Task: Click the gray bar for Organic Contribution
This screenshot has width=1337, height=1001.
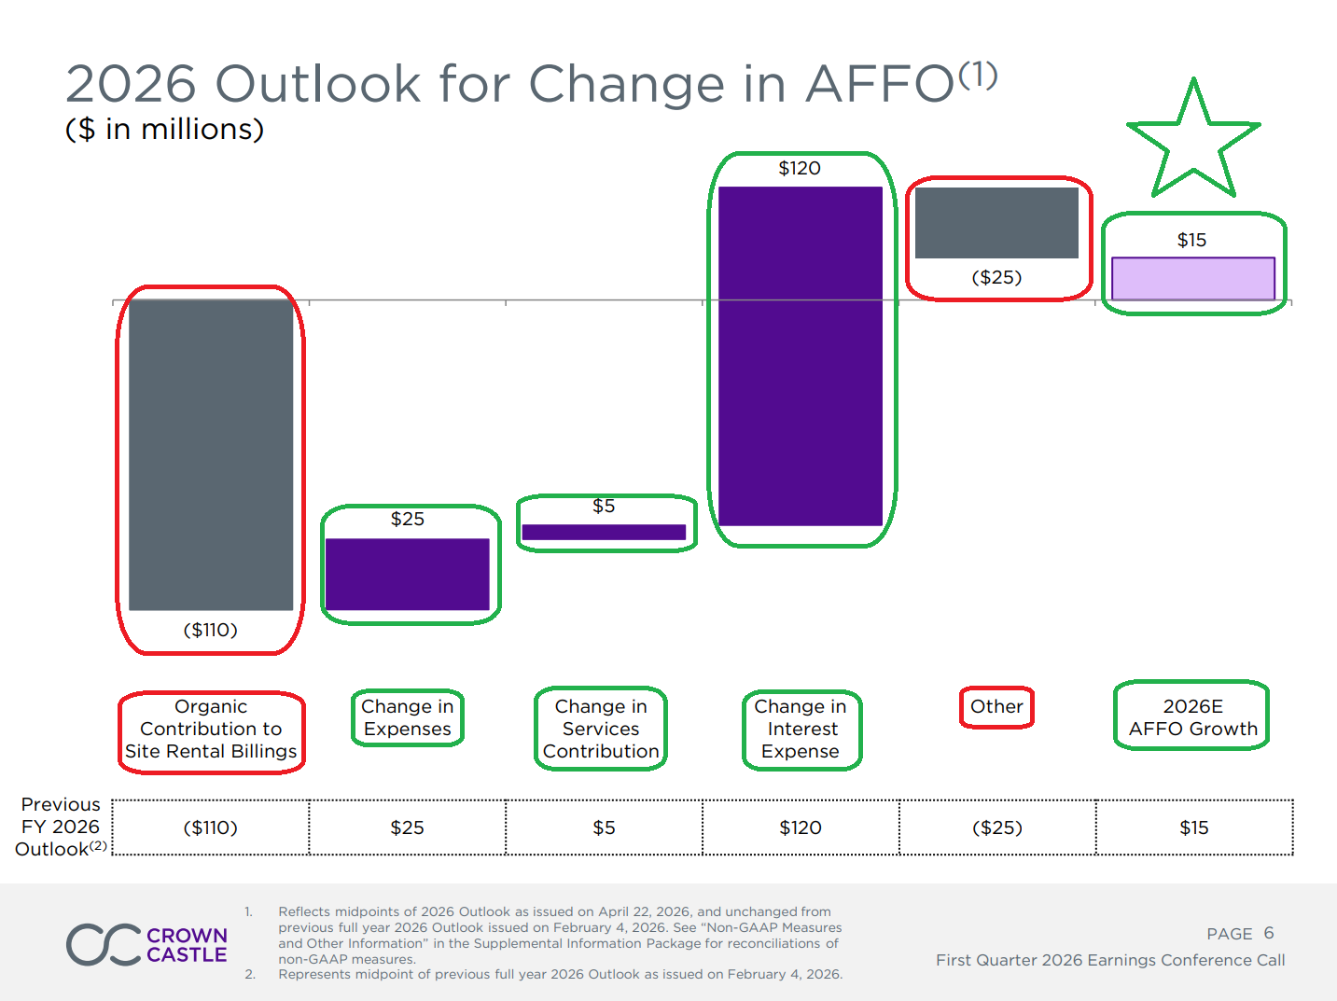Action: (211, 455)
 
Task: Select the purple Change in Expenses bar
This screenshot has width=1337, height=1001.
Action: (408, 574)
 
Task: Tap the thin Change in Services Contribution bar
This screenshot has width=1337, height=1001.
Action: (604, 532)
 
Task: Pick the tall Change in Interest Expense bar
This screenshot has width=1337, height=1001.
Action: (801, 356)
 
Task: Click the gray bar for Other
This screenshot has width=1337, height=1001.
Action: (996, 222)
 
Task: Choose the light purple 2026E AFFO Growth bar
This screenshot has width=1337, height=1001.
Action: (1193, 278)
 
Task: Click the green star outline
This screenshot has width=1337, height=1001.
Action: (1193, 140)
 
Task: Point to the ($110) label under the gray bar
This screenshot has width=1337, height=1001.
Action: (211, 630)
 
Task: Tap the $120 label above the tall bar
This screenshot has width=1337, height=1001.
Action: (800, 168)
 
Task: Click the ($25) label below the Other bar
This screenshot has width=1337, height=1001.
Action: (996, 277)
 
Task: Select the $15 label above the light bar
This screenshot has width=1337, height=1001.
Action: (1191, 240)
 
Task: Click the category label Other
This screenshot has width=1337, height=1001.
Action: (996, 706)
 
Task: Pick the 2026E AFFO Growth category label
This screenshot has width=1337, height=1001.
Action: (1192, 717)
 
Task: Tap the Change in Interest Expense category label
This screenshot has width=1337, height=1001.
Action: (801, 729)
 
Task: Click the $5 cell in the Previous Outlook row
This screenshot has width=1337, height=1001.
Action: (604, 827)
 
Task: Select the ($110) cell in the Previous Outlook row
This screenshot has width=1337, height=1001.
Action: (211, 827)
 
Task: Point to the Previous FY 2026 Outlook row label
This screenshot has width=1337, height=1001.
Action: (61, 827)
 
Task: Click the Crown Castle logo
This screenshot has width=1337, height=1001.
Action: (146, 944)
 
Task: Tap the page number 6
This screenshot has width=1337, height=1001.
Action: (1268, 933)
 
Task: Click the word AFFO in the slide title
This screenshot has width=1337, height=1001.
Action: (880, 84)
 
